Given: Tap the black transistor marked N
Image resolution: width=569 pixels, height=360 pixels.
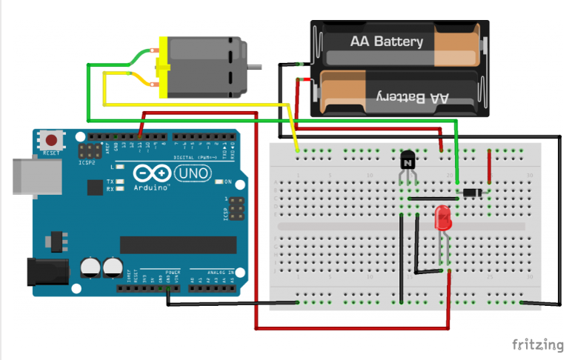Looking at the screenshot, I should [407, 159].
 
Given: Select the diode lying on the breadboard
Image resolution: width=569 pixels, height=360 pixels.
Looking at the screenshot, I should [471, 193].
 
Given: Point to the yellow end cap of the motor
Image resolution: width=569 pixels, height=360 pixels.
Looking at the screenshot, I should [162, 67].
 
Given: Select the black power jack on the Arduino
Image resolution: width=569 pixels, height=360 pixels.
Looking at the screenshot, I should [43, 271].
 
